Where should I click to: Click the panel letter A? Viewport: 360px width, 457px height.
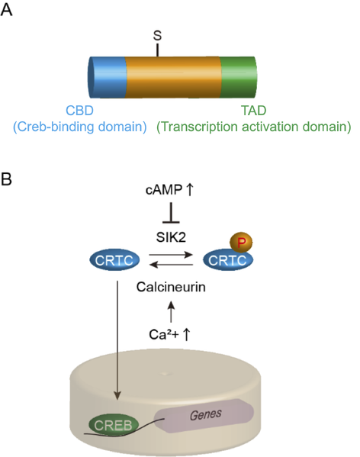(10, 12)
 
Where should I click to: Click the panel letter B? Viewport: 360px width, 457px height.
(10, 181)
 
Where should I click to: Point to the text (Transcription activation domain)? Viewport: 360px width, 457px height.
(253, 126)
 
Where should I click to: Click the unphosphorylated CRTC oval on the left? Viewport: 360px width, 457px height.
(115, 262)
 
